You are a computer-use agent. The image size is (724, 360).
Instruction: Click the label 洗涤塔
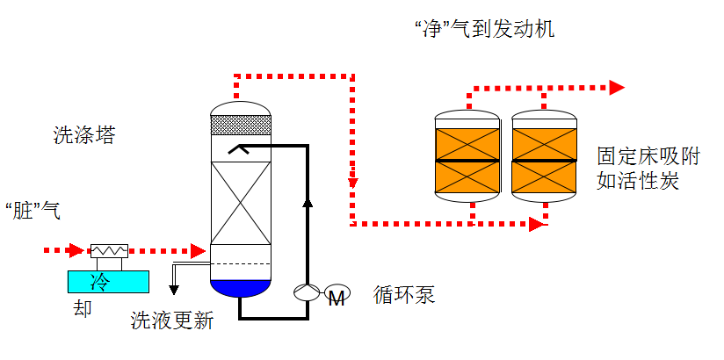84,136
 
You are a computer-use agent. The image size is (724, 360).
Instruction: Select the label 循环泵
404,294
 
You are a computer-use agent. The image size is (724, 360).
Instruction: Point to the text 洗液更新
172,320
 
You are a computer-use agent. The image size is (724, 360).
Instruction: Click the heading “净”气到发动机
484,29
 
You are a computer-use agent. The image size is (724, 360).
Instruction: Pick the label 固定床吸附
648,157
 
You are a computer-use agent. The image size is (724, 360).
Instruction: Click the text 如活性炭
638,181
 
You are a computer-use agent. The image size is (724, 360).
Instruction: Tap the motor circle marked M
337,293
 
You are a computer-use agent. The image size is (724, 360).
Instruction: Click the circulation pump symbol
307,292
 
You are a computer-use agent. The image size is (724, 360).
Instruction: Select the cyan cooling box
108,282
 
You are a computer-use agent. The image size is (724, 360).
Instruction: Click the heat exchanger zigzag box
109,250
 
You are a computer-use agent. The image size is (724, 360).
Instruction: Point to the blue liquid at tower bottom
240,287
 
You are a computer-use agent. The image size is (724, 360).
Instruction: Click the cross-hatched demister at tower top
240,125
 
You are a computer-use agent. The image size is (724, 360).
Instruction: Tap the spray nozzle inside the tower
238,148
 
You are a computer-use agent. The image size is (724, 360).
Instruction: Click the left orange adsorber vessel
467,156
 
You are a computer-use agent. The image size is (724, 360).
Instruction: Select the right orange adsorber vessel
545,156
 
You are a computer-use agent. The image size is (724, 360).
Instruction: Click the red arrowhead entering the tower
198,250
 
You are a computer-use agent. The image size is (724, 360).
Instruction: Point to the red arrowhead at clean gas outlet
617,87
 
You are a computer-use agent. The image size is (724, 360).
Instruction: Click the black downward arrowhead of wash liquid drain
174,290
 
